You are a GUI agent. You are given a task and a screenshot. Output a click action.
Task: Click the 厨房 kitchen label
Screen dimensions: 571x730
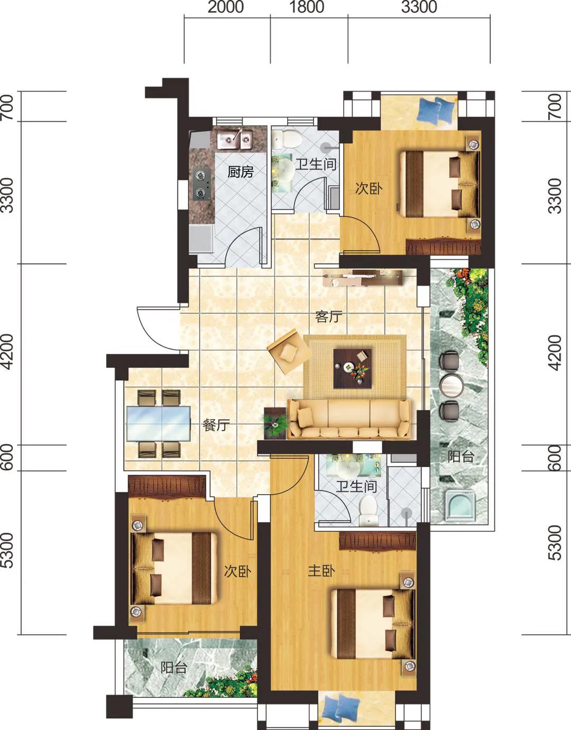click(241, 172)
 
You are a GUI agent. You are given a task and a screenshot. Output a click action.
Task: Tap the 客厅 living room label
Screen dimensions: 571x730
click(329, 316)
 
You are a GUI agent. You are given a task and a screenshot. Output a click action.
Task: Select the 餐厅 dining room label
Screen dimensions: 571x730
click(216, 425)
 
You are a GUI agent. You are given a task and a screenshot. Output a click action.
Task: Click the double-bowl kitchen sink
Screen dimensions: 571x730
click(235, 139)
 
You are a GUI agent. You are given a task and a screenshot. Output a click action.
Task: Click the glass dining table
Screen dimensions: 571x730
click(159, 423)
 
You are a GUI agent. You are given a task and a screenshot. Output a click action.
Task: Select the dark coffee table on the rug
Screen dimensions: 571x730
click(353, 369)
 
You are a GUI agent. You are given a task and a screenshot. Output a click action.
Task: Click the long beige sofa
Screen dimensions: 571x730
click(349, 418)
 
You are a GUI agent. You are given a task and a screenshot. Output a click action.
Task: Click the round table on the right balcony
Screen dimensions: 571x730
click(451, 386)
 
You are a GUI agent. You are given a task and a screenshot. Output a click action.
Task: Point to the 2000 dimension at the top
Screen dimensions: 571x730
click(226, 7)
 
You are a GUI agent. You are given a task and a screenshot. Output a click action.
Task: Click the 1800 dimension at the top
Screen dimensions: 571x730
click(307, 7)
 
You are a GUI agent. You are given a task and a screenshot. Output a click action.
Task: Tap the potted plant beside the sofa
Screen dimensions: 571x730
click(275, 423)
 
